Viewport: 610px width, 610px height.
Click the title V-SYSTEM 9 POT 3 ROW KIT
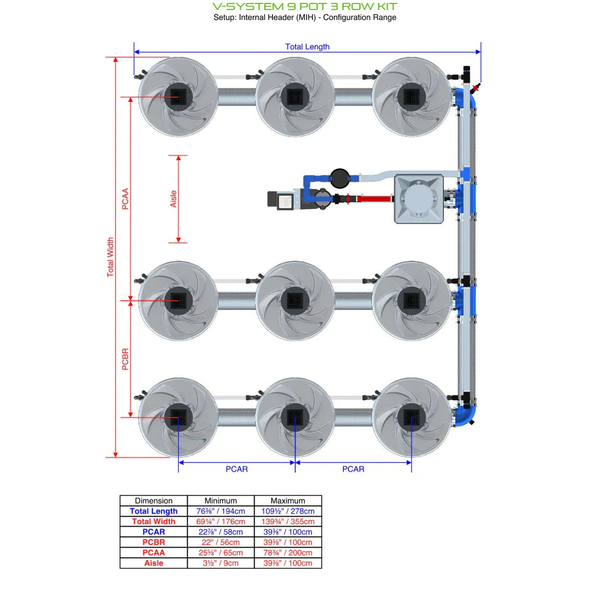(304, 7)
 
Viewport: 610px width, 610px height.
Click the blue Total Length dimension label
(307, 47)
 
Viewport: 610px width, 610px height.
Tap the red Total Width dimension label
(111, 257)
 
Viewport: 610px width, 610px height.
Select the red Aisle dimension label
(173, 199)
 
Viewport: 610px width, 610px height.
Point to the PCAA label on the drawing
(126, 199)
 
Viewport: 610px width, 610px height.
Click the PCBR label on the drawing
(126, 359)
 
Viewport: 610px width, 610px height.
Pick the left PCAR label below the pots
(236, 469)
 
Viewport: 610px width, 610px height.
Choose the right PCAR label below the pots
(353, 469)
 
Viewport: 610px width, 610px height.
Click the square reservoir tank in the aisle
(419, 199)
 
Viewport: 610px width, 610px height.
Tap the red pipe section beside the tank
(374, 199)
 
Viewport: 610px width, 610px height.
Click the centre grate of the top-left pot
(178, 96)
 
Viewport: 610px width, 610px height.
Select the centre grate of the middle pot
(295, 300)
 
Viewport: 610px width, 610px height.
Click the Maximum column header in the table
(287, 500)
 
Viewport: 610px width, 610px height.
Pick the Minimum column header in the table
(221, 500)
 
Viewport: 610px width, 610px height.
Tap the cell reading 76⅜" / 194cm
(221, 511)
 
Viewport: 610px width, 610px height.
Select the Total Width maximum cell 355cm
(287, 522)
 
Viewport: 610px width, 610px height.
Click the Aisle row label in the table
(154, 563)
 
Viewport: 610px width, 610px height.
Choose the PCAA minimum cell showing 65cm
(221, 553)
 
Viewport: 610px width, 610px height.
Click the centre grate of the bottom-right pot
(412, 417)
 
